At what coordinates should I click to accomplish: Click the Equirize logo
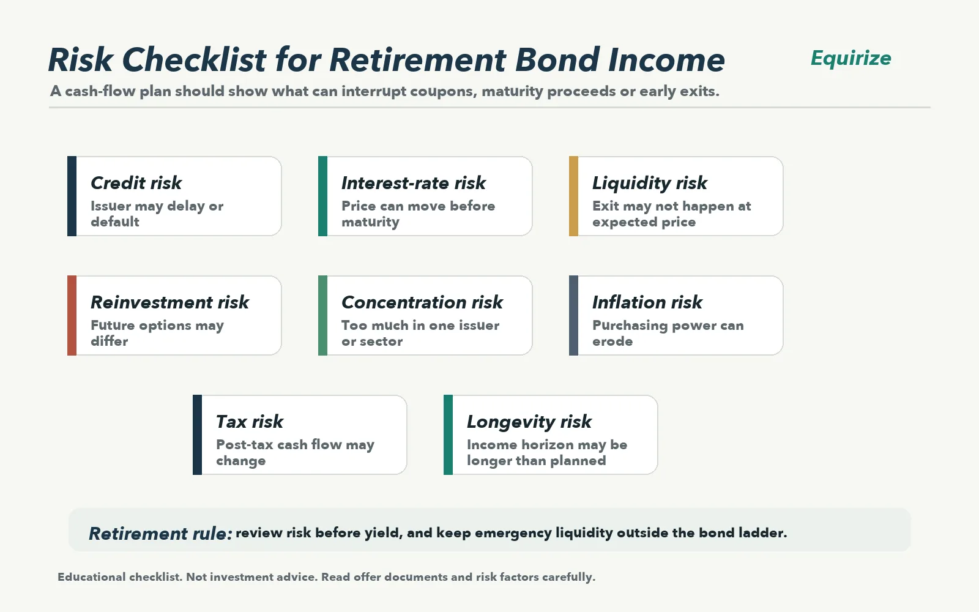pyautogui.click(x=851, y=59)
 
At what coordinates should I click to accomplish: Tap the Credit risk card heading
pyautogui.click(x=136, y=183)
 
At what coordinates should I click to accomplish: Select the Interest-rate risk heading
pyautogui.click(x=414, y=183)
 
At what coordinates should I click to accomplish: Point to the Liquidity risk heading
pyautogui.click(x=649, y=184)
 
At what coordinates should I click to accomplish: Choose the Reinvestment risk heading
pyautogui.click(x=169, y=302)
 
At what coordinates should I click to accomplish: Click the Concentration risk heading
pyautogui.click(x=422, y=302)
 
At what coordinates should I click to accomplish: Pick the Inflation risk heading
pyautogui.click(x=647, y=302)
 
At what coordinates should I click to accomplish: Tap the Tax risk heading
pyautogui.click(x=250, y=422)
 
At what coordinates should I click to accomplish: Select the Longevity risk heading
pyautogui.click(x=529, y=422)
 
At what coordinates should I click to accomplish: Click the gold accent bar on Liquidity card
pyautogui.click(x=573, y=196)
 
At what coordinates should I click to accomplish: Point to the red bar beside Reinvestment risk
pyautogui.click(x=72, y=316)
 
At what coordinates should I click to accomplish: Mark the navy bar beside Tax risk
pyautogui.click(x=197, y=435)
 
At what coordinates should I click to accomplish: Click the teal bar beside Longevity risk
pyautogui.click(x=448, y=435)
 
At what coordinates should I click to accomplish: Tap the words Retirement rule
pyautogui.click(x=160, y=534)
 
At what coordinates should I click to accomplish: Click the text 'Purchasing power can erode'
pyautogui.click(x=668, y=333)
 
